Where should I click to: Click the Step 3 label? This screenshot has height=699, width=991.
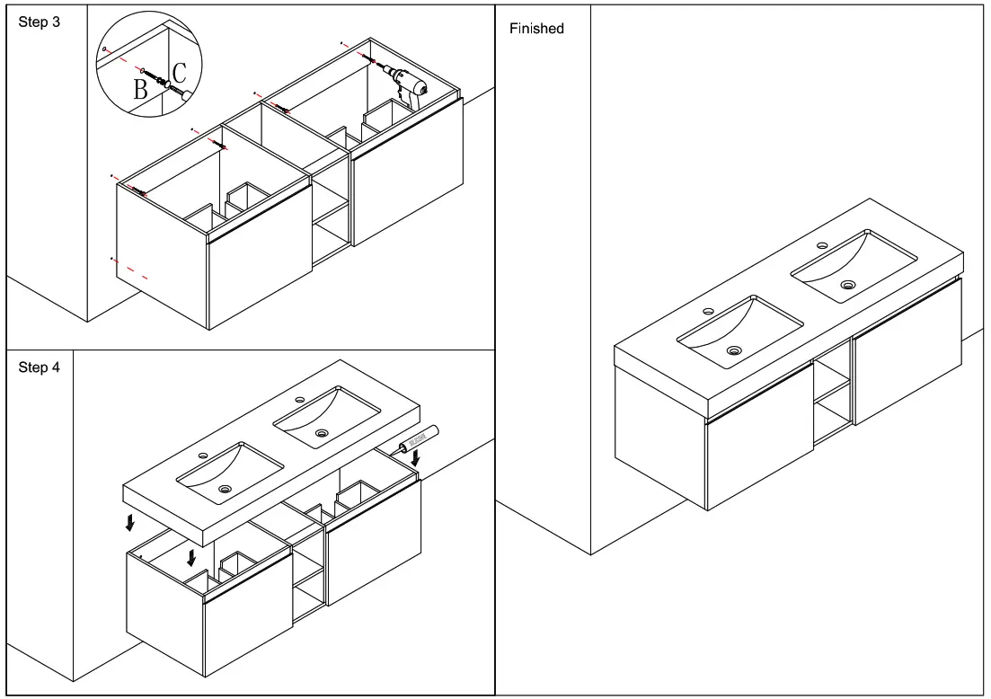click(x=40, y=22)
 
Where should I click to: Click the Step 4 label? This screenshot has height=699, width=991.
click(x=40, y=368)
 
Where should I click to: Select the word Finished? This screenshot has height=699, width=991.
click(x=536, y=29)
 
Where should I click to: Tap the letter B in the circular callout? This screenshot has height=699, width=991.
click(x=140, y=89)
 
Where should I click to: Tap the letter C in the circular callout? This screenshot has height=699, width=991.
click(x=180, y=73)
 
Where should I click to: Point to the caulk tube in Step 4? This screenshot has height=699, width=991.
click(x=416, y=438)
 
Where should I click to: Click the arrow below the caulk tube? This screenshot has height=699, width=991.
click(x=414, y=458)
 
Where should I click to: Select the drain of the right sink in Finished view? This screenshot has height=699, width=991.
click(x=847, y=285)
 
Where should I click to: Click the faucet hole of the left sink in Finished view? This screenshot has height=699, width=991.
click(x=709, y=312)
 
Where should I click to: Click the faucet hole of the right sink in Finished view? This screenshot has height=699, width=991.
click(x=822, y=245)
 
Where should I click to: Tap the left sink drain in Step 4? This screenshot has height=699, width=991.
click(x=224, y=489)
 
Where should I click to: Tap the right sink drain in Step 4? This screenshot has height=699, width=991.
click(x=321, y=433)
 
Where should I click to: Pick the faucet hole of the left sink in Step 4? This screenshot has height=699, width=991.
click(x=202, y=456)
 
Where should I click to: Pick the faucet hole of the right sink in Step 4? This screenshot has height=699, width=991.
click(x=299, y=401)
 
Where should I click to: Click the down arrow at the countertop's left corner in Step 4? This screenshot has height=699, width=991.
click(x=132, y=521)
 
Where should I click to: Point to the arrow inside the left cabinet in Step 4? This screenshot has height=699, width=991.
click(x=191, y=557)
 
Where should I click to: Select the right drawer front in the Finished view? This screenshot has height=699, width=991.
click(x=907, y=350)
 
